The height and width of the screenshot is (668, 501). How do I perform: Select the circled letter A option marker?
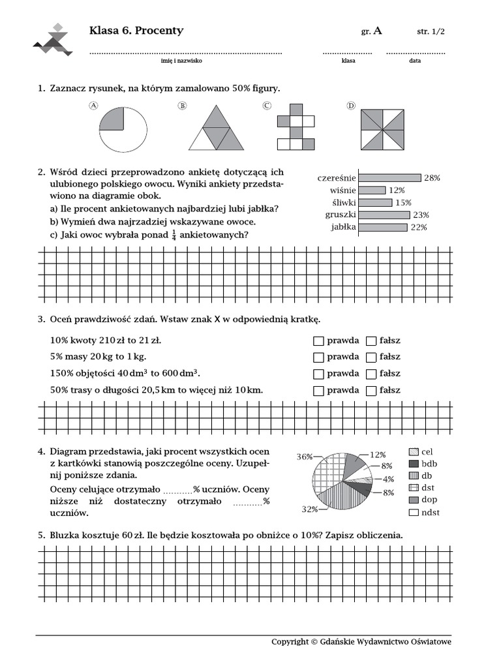[x=93, y=106]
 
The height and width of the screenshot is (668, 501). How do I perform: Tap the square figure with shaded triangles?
[x=384, y=129]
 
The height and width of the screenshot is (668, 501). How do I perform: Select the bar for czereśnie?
[x=390, y=177]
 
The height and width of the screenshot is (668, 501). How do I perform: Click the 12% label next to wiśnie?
[x=397, y=190]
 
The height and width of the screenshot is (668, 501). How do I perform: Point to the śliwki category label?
[x=341, y=202]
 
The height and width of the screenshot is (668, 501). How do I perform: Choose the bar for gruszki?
[x=384, y=215]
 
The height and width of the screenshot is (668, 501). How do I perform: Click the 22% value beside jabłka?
[x=418, y=227]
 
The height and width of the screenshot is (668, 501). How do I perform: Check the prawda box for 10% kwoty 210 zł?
[x=318, y=341]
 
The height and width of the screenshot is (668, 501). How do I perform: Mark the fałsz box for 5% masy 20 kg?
[x=371, y=357]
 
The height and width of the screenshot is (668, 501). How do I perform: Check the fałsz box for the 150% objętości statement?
[x=371, y=374]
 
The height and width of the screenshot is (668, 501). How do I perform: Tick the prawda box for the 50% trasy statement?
[x=318, y=391]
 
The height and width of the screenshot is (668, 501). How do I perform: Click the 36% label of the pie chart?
[x=305, y=457]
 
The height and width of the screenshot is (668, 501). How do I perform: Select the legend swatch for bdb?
[x=413, y=464]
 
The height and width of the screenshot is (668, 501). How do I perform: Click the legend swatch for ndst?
[x=413, y=512]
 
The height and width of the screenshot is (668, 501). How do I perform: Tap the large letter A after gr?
[x=378, y=31]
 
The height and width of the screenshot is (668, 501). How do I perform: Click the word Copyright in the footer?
[x=290, y=642]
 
